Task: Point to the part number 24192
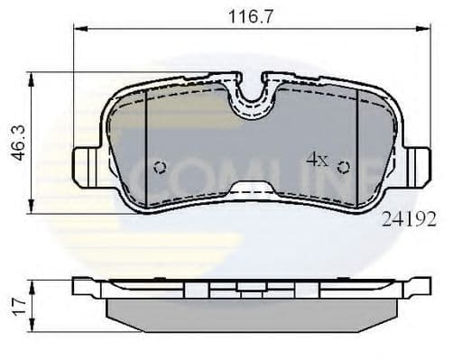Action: (x=409, y=217)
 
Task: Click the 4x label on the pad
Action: (x=317, y=160)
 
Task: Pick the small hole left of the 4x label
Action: (x=161, y=167)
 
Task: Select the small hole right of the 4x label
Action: (x=343, y=166)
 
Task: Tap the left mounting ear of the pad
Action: (x=85, y=167)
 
